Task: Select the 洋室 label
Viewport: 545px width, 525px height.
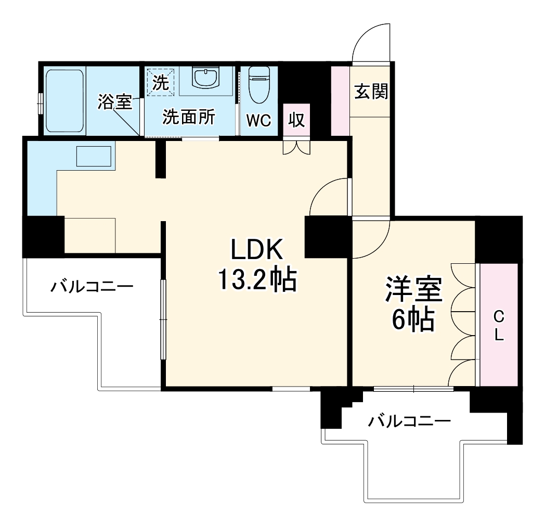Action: tap(413, 290)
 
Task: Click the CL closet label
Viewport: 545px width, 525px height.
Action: tap(499, 326)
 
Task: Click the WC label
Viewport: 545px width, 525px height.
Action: tap(259, 120)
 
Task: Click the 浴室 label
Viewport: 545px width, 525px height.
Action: tap(114, 103)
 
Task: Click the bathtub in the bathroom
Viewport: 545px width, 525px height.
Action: tap(64, 101)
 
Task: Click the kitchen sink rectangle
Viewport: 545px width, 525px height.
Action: tap(94, 157)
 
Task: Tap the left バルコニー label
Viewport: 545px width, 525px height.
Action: tap(92, 287)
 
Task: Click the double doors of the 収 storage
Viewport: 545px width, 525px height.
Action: tap(296, 148)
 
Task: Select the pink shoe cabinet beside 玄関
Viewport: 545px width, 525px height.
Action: tap(341, 99)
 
